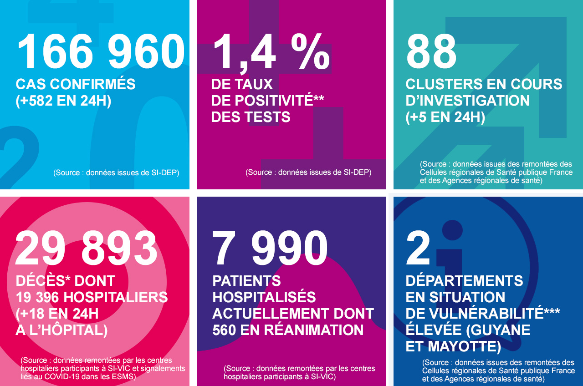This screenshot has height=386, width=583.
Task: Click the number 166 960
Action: click(101, 51)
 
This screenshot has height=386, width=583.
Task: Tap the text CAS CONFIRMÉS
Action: click(76, 84)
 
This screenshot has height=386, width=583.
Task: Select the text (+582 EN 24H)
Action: click(63, 101)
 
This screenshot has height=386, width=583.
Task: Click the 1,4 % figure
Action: click(271, 51)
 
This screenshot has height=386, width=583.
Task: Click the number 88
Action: click(431, 51)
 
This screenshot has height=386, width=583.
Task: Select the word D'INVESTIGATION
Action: click(468, 101)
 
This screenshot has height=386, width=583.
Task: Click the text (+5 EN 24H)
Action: click(445, 117)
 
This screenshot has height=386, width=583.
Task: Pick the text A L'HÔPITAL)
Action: click(61, 330)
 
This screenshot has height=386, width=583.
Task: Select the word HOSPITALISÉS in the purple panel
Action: click(264, 297)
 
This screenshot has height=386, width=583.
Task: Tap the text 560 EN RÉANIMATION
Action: click(288, 330)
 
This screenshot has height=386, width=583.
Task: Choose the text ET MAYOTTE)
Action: click(453, 346)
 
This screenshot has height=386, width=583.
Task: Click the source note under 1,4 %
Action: click(308, 173)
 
